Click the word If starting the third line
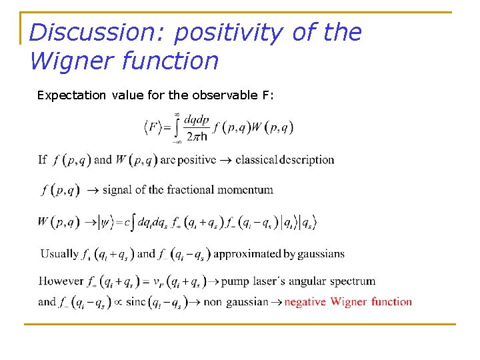[42, 160]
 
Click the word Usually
[59, 253]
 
